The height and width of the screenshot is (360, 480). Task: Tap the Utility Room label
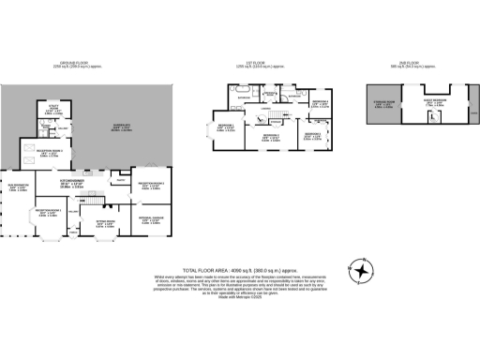coord(53,110)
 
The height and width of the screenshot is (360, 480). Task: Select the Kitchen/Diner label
coord(97,183)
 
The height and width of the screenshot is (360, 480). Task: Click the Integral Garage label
coord(151,220)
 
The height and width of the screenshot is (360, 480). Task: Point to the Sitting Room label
coord(106,223)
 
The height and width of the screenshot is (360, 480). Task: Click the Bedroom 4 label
coord(320,104)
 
